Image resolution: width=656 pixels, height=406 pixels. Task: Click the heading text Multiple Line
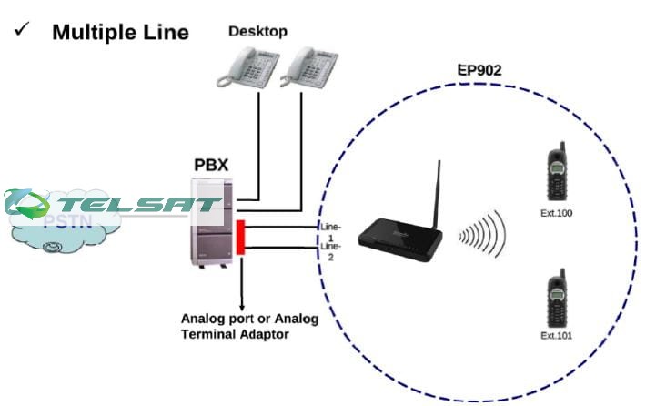[x=120, y=33]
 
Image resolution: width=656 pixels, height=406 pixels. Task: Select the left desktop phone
[x=247, y=67]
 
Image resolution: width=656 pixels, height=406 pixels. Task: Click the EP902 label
[x=479, y=69]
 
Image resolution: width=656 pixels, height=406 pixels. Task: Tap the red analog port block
[x=241, y=237]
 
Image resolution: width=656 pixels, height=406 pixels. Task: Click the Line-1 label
[x=329, y=229]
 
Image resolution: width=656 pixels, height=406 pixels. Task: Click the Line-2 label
[x=329, y=251]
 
